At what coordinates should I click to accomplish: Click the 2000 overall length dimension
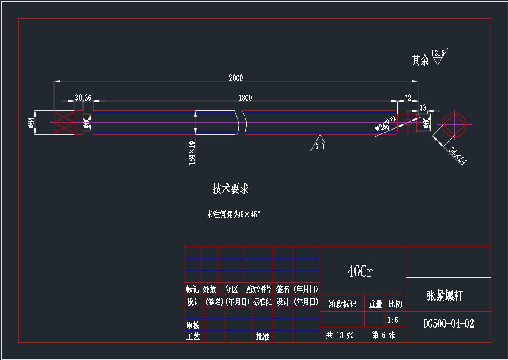tap(236, 78)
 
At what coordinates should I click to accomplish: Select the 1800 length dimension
tap(245, 98)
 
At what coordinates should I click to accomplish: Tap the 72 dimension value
tap(408, 98)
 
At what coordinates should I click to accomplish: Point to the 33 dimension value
tap(422, 108)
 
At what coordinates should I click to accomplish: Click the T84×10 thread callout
tap(192, 153)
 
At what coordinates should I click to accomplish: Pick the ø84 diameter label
tap(31, 123)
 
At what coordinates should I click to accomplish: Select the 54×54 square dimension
tap(457, 156)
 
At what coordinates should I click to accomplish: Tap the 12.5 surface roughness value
tap(438, 53)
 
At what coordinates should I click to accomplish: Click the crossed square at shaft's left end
tap(64, 123)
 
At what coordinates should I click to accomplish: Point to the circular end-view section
tap(454, 124)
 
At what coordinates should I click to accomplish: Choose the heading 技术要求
tap(230, 189)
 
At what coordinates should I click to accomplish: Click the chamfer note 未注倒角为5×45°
tap(233, 214)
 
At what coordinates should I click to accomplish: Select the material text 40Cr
tap(360, 271)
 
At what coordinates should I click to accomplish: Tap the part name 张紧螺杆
tap(445, 295)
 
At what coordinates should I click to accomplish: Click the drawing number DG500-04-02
tap(448, 324)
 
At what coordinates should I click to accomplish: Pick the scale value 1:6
tap(393, 320)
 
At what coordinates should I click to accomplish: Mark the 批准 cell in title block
tap(263, 337)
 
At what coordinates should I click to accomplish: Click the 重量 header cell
tap(375, 304)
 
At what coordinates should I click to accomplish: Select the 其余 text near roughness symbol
tap(420, 60)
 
